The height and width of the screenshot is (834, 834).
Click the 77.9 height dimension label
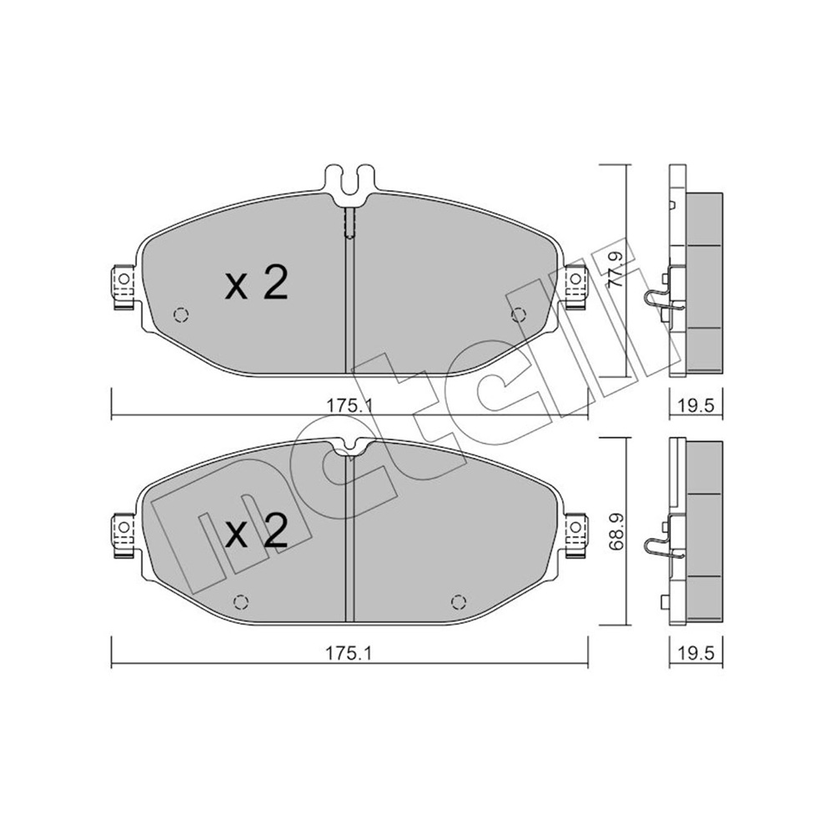pyautogui.click(x=616, y=268)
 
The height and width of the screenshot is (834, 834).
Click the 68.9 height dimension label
pyautogui.click(x=616, y=532)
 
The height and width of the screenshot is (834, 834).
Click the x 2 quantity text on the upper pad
pyautogui.click(x=256, y=284)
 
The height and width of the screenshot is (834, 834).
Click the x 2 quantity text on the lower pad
pyautogui.click(x=256, y=530)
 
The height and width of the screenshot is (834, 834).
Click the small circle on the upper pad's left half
pyautogui.click(x=181, y=314)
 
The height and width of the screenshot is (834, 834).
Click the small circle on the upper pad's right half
pyautogui.click(x=518, y=314)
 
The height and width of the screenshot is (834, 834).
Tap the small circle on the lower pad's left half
pyautogui.click(x=241, y=601)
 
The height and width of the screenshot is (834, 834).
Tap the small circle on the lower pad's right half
pyautogui.click(x=457, y=601)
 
